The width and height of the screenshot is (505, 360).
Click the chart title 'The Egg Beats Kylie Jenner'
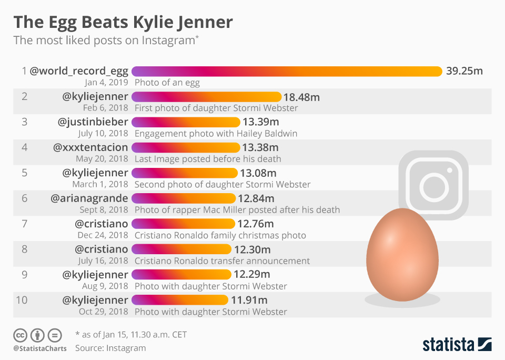click(x=123, y=22)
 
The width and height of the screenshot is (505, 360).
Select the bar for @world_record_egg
click(x=287, y=71)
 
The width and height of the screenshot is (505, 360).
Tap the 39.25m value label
click(x=464, y=71)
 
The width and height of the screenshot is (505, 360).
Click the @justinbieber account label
click(x=93, y=122)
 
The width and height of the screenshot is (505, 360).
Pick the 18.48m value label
click(x=301, y=97)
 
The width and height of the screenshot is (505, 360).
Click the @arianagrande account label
click(x=89, y=198)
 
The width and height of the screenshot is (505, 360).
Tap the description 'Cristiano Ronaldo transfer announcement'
click(x=222, y=261)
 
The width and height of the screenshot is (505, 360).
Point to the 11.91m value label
click(x=249, y=300)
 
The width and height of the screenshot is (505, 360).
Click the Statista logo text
click(x=448, y=345)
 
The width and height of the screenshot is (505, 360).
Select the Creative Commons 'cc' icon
click(x=21, y=335)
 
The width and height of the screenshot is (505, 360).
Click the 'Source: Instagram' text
click(x=110, y=348)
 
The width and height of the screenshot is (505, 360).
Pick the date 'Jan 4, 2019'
click(x=106, y=82)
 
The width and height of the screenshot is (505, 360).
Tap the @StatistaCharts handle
click(x=39, y=348)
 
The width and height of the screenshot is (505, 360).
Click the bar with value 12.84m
click(x=183, y=198)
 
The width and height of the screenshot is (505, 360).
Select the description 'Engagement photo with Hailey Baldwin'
click(x=216, y=133)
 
